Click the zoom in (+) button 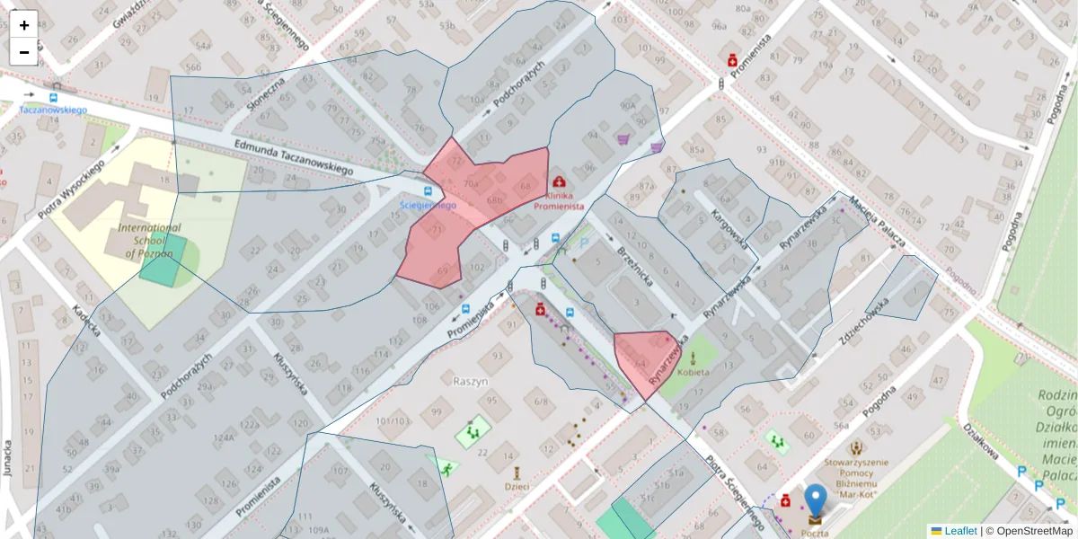(24, 25)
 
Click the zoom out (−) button (24, 52)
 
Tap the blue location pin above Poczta (815, 500)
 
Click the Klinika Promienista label (560, 200)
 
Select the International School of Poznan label (149, 241)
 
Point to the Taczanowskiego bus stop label (53, 110)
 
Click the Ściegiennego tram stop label (428, 205)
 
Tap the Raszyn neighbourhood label (471, 381)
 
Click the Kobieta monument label (693, 372)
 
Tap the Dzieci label (517, 486)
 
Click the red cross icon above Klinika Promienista (561, 182)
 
